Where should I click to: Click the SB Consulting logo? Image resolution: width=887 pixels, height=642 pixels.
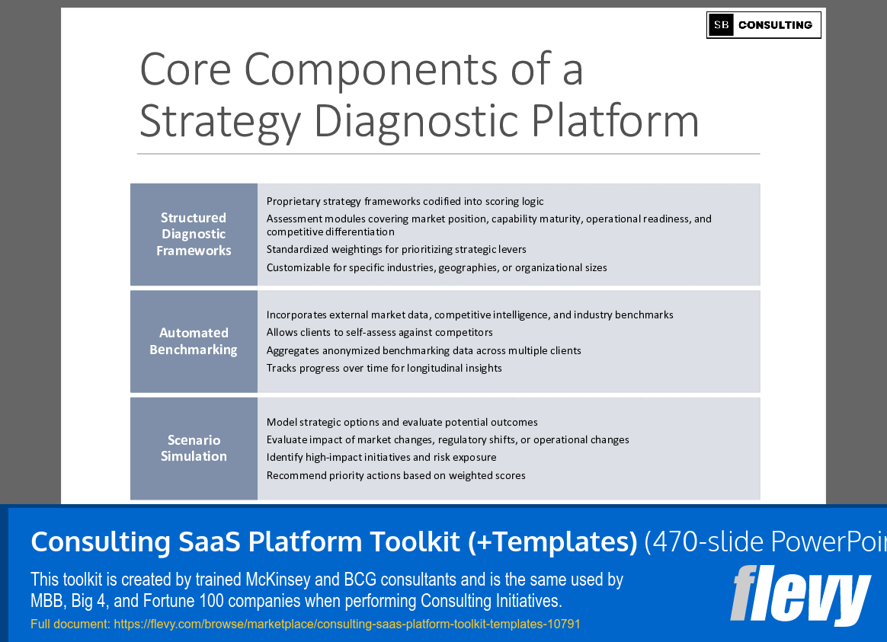pyautogui.click(x=764, y=25)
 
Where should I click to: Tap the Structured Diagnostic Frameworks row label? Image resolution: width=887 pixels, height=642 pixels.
pyautogui.click(x=194, y=234)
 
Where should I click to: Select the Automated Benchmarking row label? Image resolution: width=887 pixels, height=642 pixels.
pyautogui.click(x=194, y=341)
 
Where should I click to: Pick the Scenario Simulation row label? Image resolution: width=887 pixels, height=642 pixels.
pyautogui.click(x=194, y=448)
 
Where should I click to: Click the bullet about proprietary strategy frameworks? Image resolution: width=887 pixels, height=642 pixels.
pyautogui.click(x=405, y=201)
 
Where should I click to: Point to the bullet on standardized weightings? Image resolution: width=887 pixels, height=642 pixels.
pyautogui.click(x=396, y=249)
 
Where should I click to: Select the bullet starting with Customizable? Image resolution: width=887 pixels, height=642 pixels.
pyautogui.click(x=437, y=267)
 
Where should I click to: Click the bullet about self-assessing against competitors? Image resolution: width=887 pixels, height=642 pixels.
pyautogui.click(x=379, y=332)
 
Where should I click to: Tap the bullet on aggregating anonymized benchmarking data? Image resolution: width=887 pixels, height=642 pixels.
pyautogui.click(x=424, y=350)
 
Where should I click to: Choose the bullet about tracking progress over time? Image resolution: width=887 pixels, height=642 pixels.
pyautogui.click(x=384, y=368)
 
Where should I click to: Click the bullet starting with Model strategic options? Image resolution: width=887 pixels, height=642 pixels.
pyautogui.click(x=402, y=422)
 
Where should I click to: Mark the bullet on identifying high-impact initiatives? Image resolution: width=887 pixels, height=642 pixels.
pyautogui.click(x=381, y=457)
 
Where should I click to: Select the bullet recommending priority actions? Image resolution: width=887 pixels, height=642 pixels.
pyautogui.click(x=395, y=475)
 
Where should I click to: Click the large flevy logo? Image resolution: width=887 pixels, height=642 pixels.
pyautogui.click(x=799, y=596)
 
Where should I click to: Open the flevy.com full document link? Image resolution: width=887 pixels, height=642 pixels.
pyautogui.click(x=347, y=624)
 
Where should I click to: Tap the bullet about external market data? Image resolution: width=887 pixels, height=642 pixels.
pyautogui.click(x=469, y=315)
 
